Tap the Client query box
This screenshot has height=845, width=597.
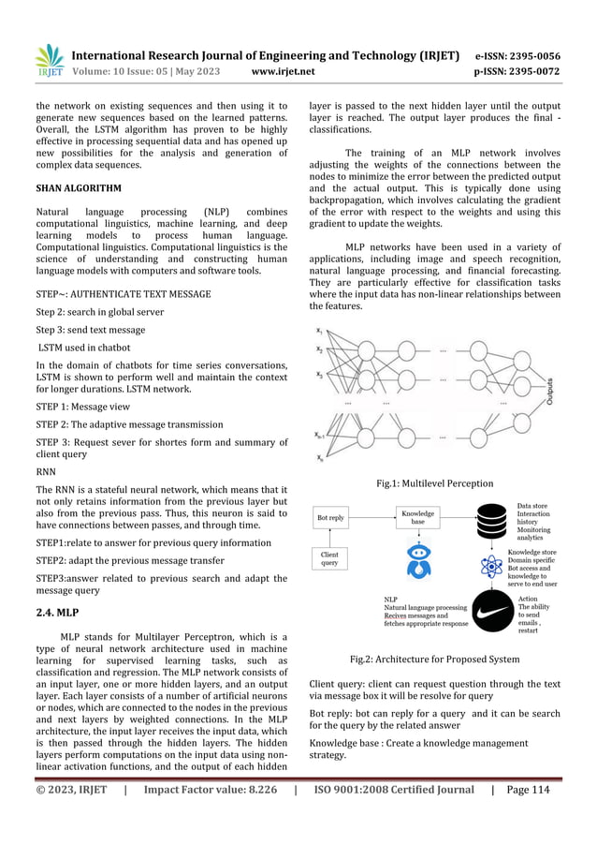329,559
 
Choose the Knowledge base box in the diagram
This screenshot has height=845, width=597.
417,516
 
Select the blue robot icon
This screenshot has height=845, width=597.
417,563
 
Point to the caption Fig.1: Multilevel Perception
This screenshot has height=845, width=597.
433,483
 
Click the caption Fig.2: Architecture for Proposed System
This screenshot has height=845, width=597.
434,660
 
